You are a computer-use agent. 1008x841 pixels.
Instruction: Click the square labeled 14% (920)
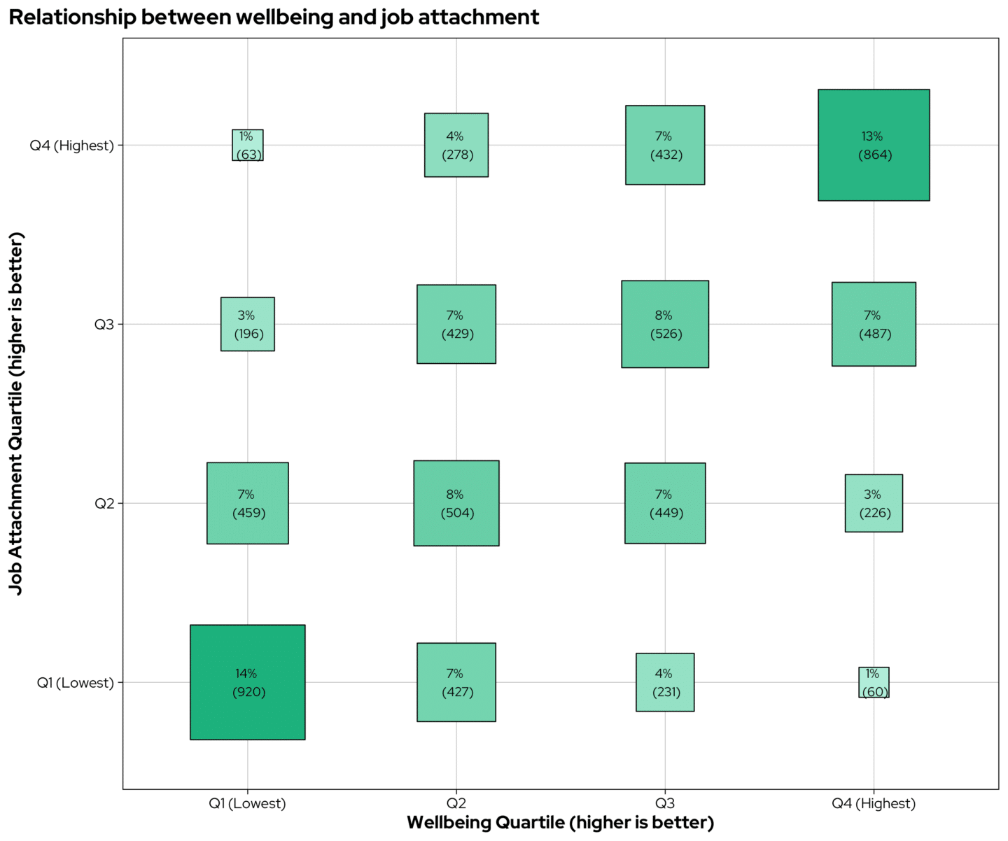pyautogui.click(x=248, y=682)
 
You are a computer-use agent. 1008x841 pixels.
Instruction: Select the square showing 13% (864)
pyautogui.click(x=874, y=145)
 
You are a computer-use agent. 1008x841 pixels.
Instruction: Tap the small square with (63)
pyautogui.click(x=248, y=145)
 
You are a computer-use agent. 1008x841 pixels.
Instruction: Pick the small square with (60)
pyautogui.click(x=874, y=682)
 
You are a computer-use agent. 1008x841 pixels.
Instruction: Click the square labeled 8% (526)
pyautogui.click(x=665, y=324)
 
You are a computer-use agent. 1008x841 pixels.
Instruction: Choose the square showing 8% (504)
pyautogui.click(x=456, y=503)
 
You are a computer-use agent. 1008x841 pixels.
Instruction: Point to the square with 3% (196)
pyautogui.click(x=248, y=324)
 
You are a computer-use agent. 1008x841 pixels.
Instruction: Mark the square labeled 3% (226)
pyautogui.click(x=874, y=503)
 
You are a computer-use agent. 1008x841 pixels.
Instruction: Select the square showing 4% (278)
pyautogui.click(x=456, y=145)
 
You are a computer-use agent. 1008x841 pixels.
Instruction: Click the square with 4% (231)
pyautogui.click(x=665, y=682)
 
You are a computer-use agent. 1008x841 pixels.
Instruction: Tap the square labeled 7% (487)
pyautogui.click(x=874, y=324)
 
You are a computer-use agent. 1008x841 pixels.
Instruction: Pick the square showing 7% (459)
pyautogui.click(x=248, y=503)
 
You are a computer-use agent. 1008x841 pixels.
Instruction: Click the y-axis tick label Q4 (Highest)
pyautogui.click(x=71, y=146)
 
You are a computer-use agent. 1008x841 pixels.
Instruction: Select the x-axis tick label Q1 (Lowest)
pyautogui.click(x=248, y=803)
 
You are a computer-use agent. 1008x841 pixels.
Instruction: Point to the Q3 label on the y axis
pyautogui.click(x=104, y=325)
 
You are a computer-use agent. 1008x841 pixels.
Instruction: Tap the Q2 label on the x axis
pyautogui.click(x=456, y=803)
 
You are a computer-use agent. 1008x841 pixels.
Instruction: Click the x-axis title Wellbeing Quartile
pyautogui.click(x=560, y=823)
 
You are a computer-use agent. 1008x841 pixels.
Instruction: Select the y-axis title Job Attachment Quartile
pyautogui.click(x=16, y=414)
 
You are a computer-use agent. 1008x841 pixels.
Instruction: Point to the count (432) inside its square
pyautogui.click(x=666, y=155)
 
